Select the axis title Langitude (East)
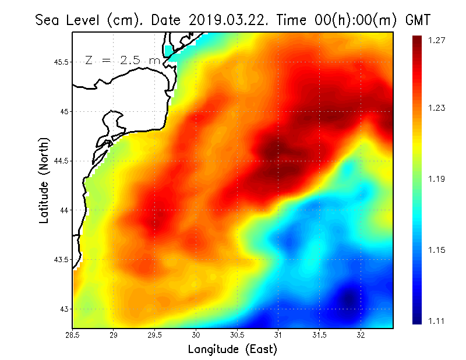pos(232,350)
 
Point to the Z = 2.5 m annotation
pos(122,60)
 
